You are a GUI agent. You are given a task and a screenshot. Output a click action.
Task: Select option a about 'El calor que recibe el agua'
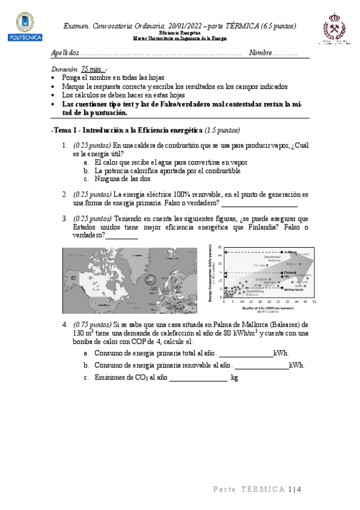click(171, 162)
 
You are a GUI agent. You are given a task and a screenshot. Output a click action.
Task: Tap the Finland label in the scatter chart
click(291, 272)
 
